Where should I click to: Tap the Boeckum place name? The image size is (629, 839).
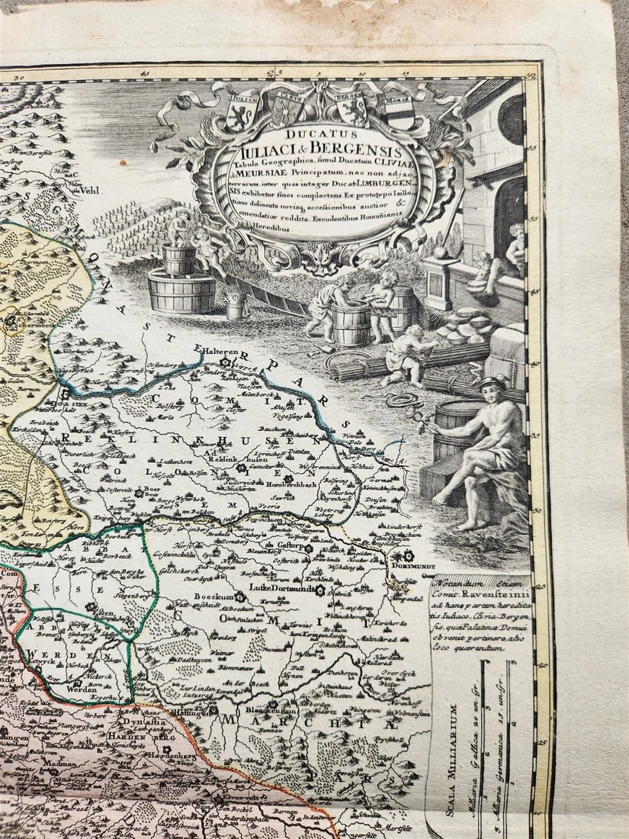coord(215,596)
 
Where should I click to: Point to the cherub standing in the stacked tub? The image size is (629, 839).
coord(178,229)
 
